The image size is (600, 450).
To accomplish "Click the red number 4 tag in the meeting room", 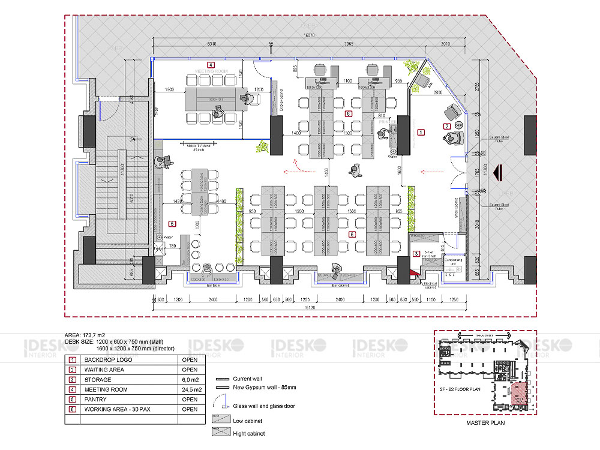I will click(211, 64).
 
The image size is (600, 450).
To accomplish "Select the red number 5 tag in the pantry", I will click(172, 224).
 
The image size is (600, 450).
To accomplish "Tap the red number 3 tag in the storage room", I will click(417, 254).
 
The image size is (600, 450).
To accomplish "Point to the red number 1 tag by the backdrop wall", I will click(421, 131).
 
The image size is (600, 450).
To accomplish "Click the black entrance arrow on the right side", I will click(497, 174).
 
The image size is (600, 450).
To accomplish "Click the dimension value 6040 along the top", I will click(212, 44).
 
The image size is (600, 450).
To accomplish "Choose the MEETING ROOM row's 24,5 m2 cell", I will click(191, 389).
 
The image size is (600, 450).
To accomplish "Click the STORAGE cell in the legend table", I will click(98, 380).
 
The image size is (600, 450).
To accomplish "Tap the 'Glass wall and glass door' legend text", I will click(263, 406).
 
